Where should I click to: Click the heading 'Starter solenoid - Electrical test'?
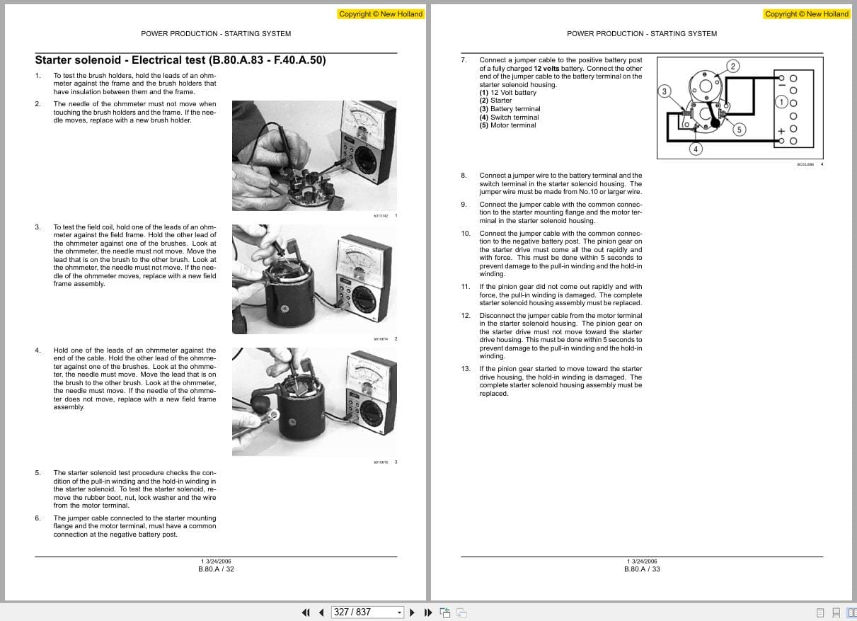pos(180,60)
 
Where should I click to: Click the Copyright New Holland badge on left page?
pos(381,13)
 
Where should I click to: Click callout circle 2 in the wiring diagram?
pos(733,67)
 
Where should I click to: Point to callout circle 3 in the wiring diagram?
pos(664,91)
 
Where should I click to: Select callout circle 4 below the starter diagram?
pos(696,149)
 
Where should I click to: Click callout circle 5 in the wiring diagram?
pos(739,129)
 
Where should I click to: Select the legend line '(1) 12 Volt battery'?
pos(507,93)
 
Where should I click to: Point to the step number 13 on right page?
pos(465,369)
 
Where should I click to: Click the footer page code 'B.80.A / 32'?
pos(216,569)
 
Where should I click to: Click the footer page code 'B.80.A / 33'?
pos(642,569)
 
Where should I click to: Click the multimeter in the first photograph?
pos(367,144)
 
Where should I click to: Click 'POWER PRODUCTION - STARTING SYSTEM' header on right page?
pos(642,33)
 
